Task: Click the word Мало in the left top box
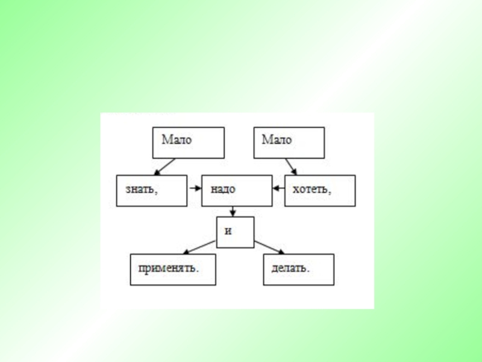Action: pyautogui.click(x=176, y=140)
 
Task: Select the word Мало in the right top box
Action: pyautogui.click(x=277, y=140)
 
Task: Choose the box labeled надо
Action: pyautogui.click(x=236, y=191)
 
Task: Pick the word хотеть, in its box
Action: pyautogui.click(x=312, y=189)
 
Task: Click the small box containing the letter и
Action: pyautogui.click(x=236, y=232)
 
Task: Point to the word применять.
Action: pyautogui.click(x=169, y=267)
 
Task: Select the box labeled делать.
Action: pyautogui.click(x=298, y=269)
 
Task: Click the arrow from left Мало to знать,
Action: pyautogui.click(x=164, y=167)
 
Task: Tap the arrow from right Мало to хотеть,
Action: pyautogui.click(x=291, y=167)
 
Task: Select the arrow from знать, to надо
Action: pyautogui.click(x=195, y=188)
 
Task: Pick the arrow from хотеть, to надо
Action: pyautogui.click(x=278, y=188)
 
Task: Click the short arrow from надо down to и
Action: pyautogui.click(x=233, y=211)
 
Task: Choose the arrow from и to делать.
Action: pyautogui.click(x=269, y=247)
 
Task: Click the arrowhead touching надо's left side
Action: pyautogui.click(x=199, y=188)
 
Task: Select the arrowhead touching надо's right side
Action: pyautogui.click(x=275, y=188)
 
